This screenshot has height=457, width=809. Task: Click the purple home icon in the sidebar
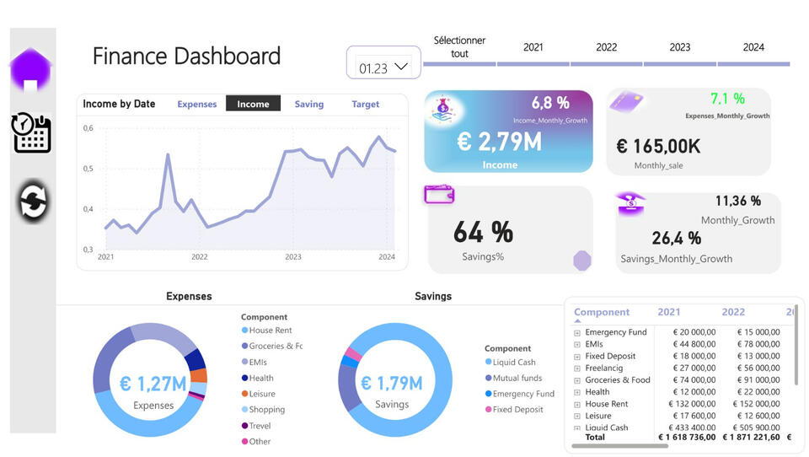[30, 70]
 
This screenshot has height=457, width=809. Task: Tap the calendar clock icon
[32, 132]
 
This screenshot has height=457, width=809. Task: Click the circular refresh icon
[34, 202]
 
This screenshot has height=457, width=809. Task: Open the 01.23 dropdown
[383, 67]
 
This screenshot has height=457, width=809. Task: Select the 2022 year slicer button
[606, 48]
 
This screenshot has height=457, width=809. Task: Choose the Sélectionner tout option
[459, 47]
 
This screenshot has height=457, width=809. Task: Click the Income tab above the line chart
[253, 105]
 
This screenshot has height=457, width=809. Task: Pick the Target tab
[365, 105]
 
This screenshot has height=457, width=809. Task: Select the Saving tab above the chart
[308, 105]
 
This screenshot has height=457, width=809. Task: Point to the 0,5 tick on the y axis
[88, 169]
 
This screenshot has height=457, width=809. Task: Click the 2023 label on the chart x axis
[292, 257]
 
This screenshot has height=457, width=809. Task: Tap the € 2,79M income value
[499, 142]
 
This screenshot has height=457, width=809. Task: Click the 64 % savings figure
[483, 231]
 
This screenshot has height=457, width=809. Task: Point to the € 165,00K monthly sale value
[658, 147]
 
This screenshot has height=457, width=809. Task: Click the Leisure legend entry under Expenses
[261, 394]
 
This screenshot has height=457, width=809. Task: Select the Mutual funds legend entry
[517, 379]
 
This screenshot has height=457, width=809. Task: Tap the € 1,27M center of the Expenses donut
[153, 384]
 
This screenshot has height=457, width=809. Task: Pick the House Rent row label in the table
[606, 404]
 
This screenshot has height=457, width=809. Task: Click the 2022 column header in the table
[733, 312]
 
